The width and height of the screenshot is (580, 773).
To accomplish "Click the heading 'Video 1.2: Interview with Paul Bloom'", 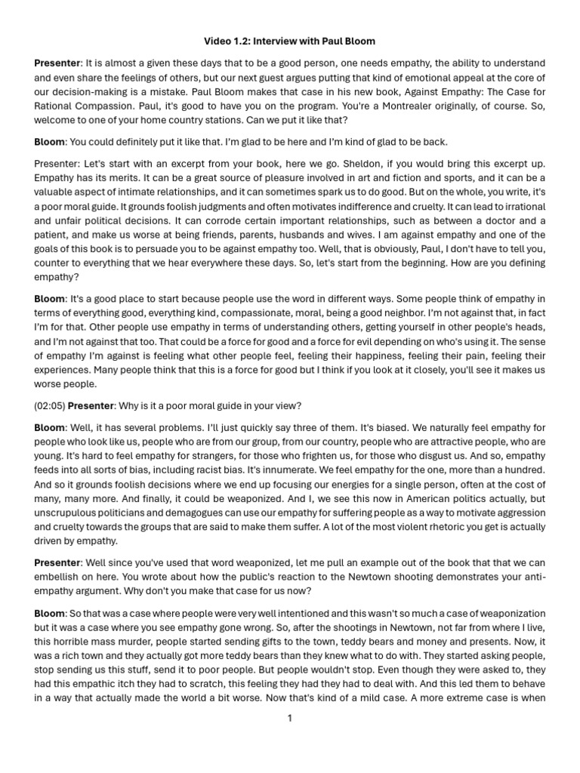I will [290, 41].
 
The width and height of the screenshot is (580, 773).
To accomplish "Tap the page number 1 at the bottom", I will [289, 718].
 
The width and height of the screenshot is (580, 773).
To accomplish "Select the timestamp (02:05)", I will [49, 405].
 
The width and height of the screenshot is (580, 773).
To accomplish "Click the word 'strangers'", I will [215, 455].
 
